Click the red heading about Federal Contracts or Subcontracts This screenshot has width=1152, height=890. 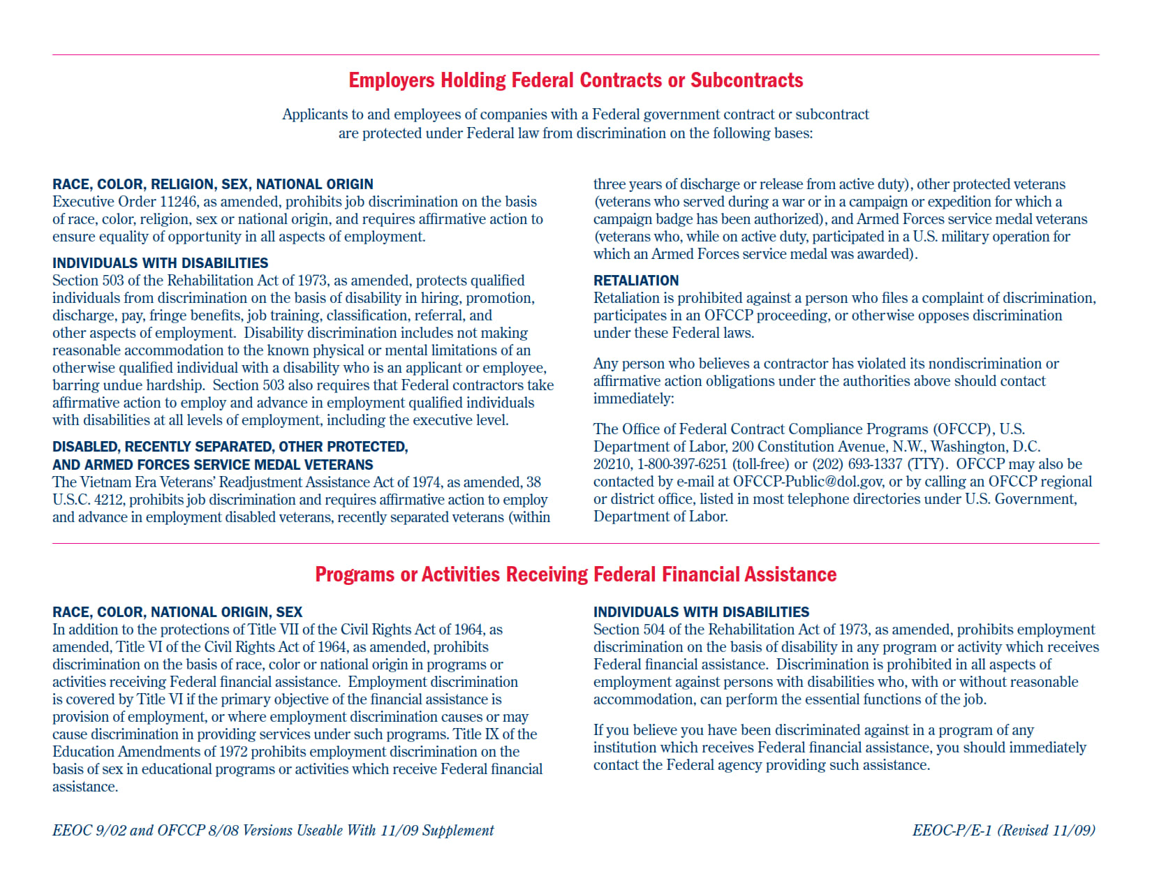click(x=575, y=80)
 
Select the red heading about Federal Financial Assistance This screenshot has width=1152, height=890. click(x=575, y=574)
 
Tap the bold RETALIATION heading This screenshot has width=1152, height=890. click(x=636, y=281)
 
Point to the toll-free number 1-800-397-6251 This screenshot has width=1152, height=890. click(x=682, y=464)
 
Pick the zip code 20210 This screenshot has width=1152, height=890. click(x=612, y=464)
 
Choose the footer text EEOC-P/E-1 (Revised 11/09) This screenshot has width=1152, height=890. click(x=1003, y=831)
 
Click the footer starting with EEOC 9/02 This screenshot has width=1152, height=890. click(x=273, y=831)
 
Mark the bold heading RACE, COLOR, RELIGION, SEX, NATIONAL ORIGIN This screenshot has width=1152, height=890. click(x=213, y=184)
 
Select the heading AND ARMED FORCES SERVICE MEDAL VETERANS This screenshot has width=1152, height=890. click(x=213, y=465)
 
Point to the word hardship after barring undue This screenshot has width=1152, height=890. click(x=176, y=385)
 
